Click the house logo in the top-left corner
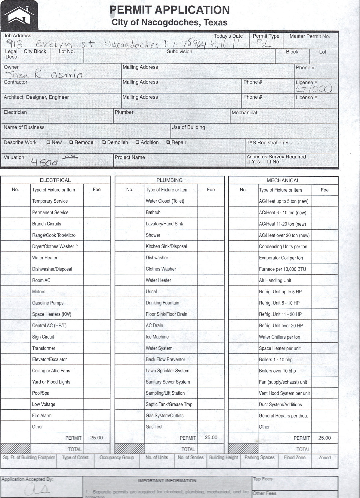tap(19, 15)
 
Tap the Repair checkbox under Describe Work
tap(168, 142)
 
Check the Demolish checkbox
tap(104, 142)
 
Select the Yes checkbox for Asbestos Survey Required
tap(248, 162)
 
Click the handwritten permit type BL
tap(265, 45)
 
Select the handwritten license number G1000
tap(314, 88)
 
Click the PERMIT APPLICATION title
tap(170, 10)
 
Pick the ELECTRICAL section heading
tap(55, 180)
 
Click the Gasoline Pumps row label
tap(48, 303)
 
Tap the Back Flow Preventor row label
tap(165, 359)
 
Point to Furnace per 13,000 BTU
tap(282, 269)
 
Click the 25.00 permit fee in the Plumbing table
tap(211, 438)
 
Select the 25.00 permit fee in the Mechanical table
tap(325, 438)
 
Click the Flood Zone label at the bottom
tap(294, 457)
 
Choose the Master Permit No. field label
tap(309, 36)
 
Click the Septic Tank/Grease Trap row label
tap(169, 405)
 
